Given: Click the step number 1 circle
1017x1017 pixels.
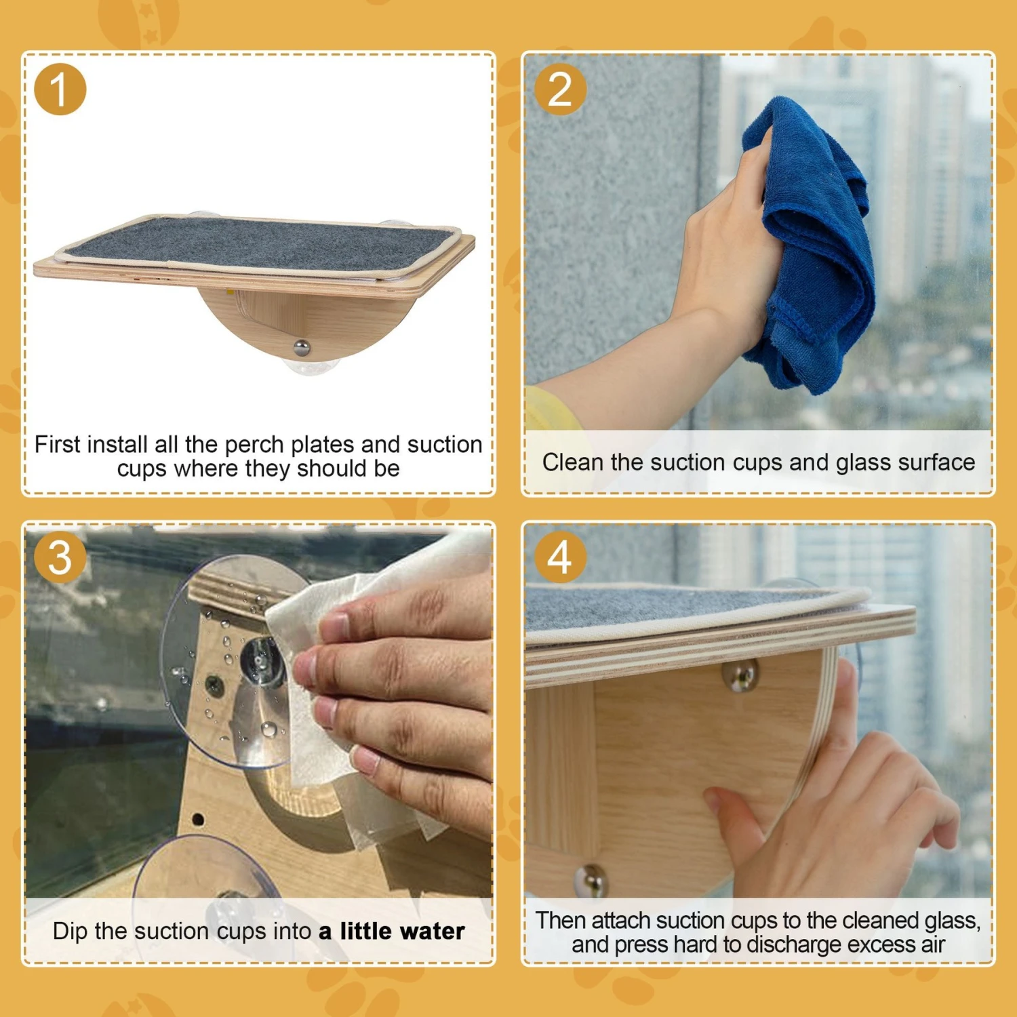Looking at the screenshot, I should [x=60, y=89].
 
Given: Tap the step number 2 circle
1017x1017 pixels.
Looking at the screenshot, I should [x=560, y=89].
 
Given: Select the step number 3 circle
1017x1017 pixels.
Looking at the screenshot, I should [x=60, y=557].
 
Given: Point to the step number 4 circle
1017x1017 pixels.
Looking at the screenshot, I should [x=560, y=557].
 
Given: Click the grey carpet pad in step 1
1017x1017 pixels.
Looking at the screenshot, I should [x=258, y=244].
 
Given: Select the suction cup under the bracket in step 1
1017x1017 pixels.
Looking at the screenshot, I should [x=311, y=366].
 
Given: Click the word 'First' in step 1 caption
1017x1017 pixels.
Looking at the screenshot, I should [x=57, y=445].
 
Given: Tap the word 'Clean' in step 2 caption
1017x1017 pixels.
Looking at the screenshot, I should [x=573, y=462].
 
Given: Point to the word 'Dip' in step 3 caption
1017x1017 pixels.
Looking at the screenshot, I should [x=71, y=932].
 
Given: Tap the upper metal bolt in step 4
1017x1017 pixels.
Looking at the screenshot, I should [x=740, y=676].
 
